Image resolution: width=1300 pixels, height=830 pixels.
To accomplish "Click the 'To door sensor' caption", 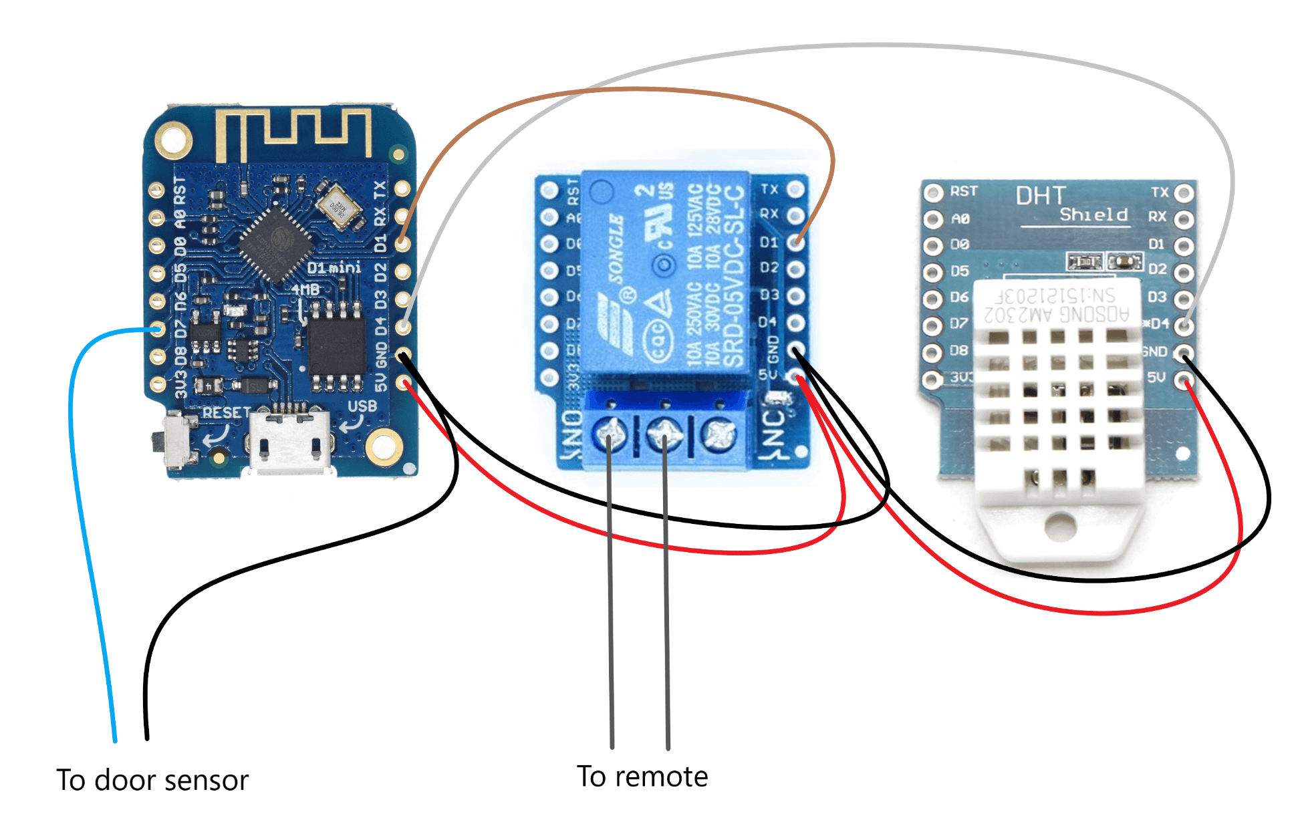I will click(x=152, y=781).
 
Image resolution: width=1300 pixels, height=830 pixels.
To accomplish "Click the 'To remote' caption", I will click(x=642, y=777).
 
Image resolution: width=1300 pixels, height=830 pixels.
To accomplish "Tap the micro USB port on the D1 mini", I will click(x=290, y=444).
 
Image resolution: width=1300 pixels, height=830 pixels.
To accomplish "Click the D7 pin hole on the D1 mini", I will click(x=158, y=329).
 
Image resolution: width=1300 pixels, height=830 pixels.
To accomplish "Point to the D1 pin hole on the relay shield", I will click(x=795, y=243).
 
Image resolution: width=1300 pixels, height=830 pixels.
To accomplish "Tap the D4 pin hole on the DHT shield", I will click(x=1184, y=325).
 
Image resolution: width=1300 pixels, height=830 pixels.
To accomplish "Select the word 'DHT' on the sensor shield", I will click(x=1040, y=196).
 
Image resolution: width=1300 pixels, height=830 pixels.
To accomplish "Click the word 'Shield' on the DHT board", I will click(x=1093, y=215).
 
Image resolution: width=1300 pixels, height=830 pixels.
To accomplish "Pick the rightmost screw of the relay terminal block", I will click(x=719, y=435).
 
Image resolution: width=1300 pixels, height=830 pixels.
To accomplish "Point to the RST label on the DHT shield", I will click(x=964, y=191).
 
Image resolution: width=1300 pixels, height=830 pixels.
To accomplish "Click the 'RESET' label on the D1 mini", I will click(x=227, y=412).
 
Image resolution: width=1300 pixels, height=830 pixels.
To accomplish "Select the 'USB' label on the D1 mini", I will click(x=362, y=406).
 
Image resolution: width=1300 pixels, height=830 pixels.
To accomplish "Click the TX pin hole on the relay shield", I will click(x=795, y=189).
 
